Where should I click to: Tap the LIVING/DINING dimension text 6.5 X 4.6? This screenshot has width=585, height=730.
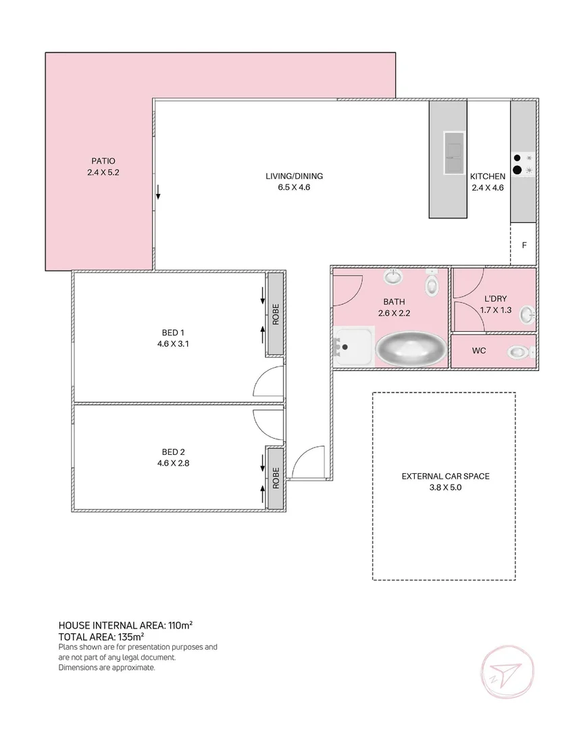tap(294, 187)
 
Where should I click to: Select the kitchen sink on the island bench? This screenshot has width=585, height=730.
tap(453, 154)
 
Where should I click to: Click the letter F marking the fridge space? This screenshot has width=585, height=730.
tap(524, 245)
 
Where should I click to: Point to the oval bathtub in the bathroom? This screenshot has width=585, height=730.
tap(410, 349)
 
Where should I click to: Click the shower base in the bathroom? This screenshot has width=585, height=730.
tap(353, 347)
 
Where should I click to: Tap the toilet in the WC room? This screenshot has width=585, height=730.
tap(519, 352)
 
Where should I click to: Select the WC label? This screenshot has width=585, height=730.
tap(478, 351)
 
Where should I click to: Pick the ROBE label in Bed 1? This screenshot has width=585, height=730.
tap(276, 315)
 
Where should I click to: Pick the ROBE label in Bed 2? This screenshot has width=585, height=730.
tap(276, 479)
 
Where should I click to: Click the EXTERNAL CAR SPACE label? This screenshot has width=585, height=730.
tap(445, 476)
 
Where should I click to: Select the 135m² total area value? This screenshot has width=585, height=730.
tap(130, 637)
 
